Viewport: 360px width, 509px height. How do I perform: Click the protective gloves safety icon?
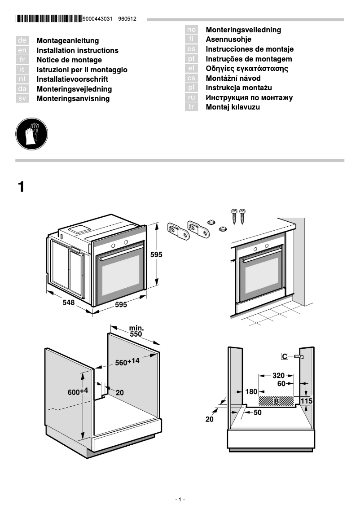31,133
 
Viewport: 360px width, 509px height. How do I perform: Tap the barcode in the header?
48,19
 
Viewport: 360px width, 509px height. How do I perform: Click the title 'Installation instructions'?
77,50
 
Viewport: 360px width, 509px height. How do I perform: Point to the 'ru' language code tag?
192,97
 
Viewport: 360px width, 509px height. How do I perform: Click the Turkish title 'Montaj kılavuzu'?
233,107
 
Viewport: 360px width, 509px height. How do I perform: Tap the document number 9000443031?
97,19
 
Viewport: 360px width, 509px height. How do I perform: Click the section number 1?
21,187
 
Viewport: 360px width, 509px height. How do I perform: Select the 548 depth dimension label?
68,303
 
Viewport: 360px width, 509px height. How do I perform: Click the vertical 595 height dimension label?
156,254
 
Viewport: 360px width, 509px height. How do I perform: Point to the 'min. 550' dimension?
136,331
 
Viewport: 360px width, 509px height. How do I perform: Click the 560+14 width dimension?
127,362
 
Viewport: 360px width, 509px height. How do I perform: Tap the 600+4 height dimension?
78,391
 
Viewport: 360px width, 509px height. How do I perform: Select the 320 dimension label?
278,375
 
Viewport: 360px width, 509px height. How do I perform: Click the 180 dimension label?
251,392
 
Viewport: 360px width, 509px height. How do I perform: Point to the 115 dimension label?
306,400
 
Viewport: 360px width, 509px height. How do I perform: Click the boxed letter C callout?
285,356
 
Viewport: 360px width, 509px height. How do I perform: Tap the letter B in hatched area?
277,400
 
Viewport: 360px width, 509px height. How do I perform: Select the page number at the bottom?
180,500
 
